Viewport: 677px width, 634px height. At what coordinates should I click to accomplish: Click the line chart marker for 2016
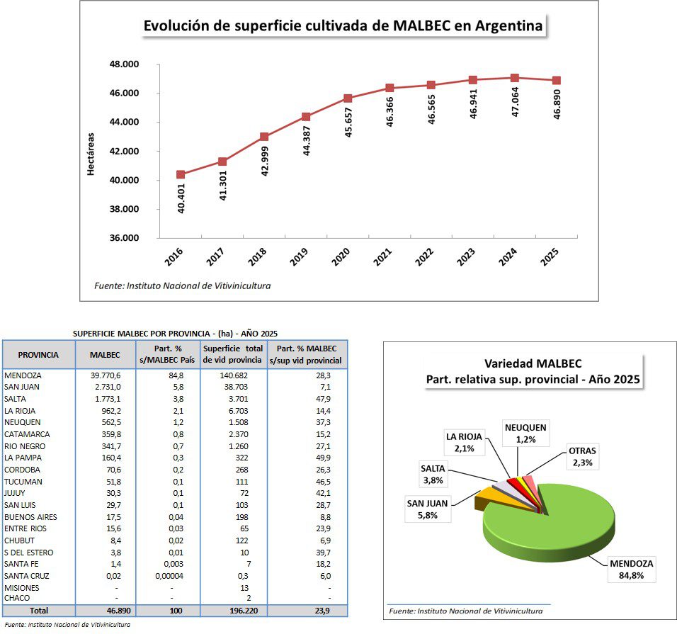point(181,174)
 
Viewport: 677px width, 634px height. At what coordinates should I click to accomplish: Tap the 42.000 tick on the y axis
point(125,151)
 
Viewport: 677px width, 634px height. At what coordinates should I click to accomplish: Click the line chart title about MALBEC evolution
point(343,26)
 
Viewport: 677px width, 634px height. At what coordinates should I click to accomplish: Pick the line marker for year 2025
point(557,80)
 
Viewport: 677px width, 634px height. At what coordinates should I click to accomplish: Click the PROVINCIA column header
point(38,354)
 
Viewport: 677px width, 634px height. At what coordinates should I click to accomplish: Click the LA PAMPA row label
point(20,458)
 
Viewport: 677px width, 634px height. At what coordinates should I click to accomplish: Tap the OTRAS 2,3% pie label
point(582,457)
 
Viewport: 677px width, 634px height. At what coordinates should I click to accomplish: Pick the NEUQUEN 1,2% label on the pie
point(525,433)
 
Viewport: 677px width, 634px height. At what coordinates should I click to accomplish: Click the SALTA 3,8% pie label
point(433,474)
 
